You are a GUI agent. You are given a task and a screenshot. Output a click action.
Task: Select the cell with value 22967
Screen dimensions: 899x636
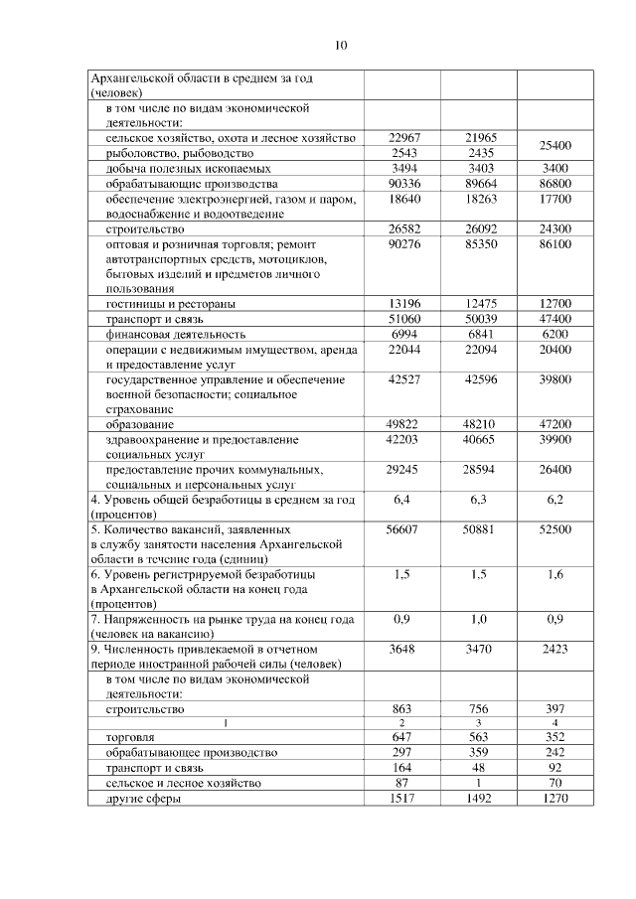(403, 138)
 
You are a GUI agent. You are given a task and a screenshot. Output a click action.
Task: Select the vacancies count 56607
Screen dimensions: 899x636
(403, 530)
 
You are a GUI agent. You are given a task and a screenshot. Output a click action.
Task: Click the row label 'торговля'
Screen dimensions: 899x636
(129, 738)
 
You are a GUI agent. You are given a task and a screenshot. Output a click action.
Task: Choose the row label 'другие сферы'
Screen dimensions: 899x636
(145, 798)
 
